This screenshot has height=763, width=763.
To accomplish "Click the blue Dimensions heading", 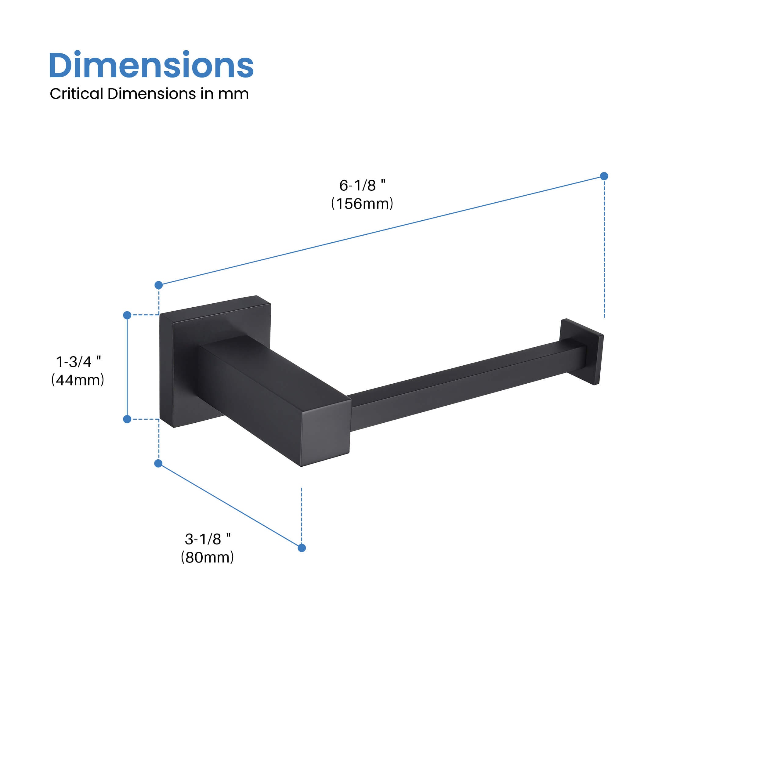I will (x=151, y=65).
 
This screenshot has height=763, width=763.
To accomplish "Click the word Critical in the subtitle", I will (x=76, y=94).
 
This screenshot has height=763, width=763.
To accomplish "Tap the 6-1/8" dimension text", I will (x=362, y=185).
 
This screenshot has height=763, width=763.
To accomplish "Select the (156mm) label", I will (x=362, y=204).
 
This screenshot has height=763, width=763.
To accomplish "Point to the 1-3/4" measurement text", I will (x=78, y=361).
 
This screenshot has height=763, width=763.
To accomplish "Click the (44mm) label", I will (x=78, y=380).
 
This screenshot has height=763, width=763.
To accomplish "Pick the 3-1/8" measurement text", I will (x=208, y=539).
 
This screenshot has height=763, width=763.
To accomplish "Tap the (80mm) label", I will (x=207, y=557).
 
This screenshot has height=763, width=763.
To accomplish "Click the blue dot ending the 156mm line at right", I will (x=604, y=176).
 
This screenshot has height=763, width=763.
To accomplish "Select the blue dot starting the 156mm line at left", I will (x=159, y=285).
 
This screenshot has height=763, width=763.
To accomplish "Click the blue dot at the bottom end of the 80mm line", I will (x=302, y=548).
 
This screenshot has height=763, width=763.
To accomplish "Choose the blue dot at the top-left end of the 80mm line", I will (x=158, y=463).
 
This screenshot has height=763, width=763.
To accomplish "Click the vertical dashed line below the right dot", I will (x=604, y=249).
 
